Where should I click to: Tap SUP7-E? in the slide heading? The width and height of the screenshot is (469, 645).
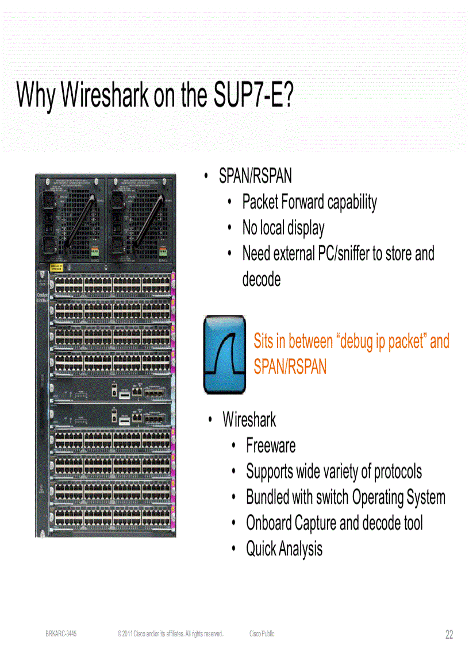tap(253, 95)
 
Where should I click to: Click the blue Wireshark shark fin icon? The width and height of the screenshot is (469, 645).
tap(224, 354)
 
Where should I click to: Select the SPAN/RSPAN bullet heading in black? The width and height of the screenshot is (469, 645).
tap(255, 176)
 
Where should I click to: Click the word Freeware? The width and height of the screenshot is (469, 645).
tap(271, 446)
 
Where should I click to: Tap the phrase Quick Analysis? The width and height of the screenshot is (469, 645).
tap(284, 549)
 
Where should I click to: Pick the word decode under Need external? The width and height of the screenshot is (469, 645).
tap(262, 280)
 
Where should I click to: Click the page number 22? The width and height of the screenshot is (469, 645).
tap(449, 634)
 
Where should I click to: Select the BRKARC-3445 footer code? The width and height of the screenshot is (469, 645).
tap(61, 634)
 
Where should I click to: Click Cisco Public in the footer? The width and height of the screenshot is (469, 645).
tap(262, 634)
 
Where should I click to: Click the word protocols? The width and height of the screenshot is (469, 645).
tap(398, 472)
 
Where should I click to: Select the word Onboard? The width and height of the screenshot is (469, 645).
tap(269, 523)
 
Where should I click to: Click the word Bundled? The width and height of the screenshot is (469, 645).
tap(267, 497)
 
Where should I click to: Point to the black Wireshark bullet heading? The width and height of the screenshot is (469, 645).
tap(249, 420)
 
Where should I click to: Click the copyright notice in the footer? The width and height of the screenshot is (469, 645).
tap(170, 634)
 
